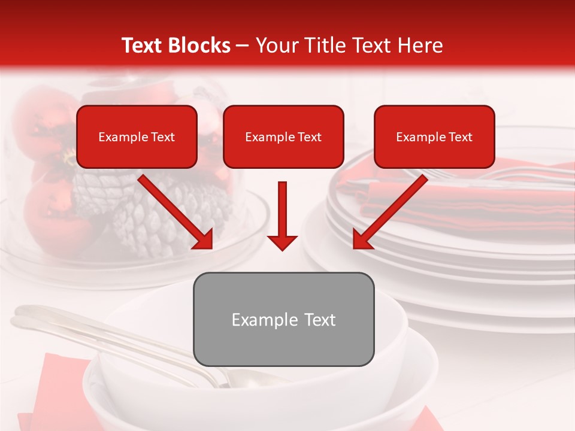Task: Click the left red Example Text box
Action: click(137, 136)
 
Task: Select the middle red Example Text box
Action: click(283, 136)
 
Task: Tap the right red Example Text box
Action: click(434, 136)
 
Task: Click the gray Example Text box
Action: click(283, 319)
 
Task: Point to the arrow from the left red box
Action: click(174, 210)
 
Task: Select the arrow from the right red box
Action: click(392, 210)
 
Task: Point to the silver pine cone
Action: click(150, 210)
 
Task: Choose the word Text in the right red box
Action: click(460, 137)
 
